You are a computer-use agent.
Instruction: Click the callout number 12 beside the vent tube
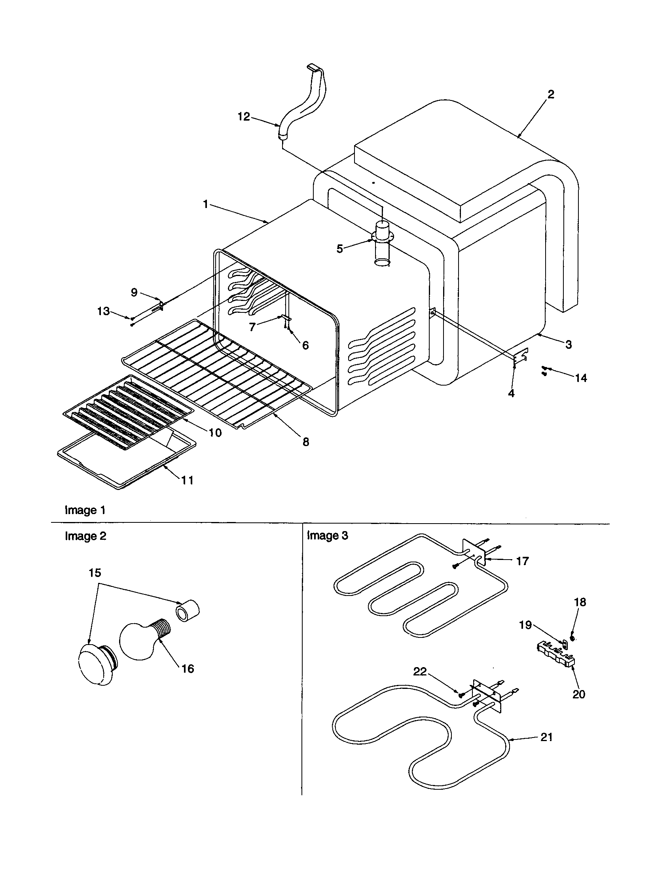coord(243,117)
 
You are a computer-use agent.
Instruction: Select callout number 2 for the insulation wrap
coord(551,95)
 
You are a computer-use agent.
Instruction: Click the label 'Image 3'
coord(328,536)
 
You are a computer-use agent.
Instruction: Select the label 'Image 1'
coord(85,510)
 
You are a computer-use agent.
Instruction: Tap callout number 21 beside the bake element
coord(547,737)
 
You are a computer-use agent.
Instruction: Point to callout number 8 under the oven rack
coord(305,442)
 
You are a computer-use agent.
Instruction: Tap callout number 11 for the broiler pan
coord(187,480)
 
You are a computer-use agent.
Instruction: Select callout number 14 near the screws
coord(581,378)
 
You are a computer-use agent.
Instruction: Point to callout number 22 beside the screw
coord(420,671)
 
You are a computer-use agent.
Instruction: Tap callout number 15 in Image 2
coord(95,573)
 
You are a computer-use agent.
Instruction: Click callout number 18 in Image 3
coord(580,602)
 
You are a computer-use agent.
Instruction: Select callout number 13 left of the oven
coord(103,311)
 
